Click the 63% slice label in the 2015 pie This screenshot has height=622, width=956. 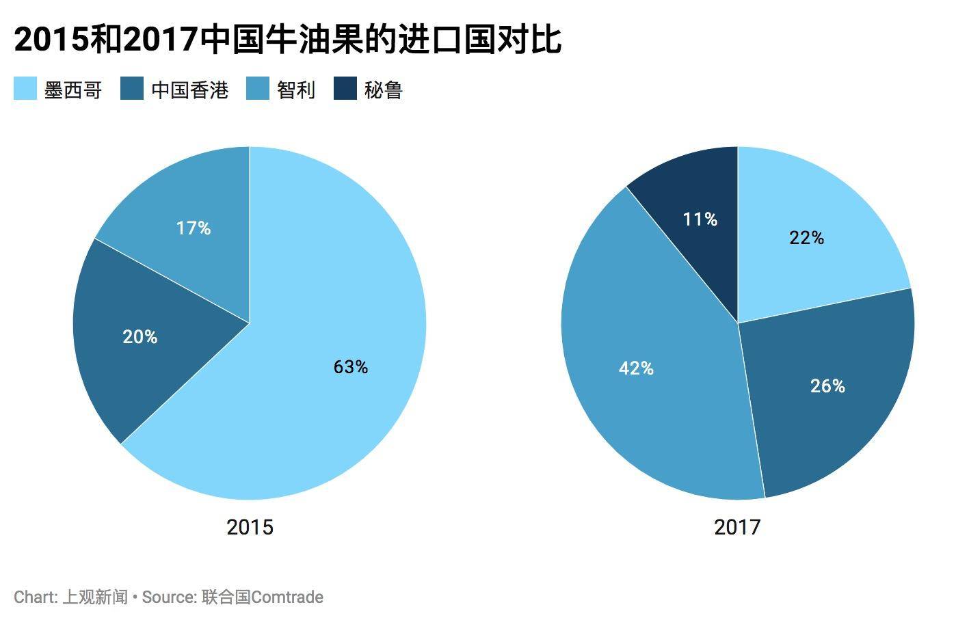click(351, 367)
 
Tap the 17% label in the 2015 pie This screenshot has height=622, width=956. click(194, 228)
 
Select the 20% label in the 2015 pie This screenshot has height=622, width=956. click(140, 337)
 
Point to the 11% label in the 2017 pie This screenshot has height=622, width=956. click(700, 219)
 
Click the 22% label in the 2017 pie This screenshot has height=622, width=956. click(807, 238)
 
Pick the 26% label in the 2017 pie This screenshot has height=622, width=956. click(827, 386)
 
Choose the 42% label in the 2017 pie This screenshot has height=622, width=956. click(636, 368)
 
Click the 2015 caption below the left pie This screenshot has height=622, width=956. click(250, 527)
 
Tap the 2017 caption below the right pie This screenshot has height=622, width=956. click(737, 527)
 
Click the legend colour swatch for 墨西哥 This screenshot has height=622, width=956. click(25, 89)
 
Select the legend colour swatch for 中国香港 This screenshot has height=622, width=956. click(132, 89)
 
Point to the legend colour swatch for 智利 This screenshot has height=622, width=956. click(258, 89)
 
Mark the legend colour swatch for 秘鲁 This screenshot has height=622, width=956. click(345, 89)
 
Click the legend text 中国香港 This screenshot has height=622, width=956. click(189, 90)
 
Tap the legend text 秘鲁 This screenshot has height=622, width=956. click(384, 90)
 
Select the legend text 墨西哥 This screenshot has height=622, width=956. click(73, 90)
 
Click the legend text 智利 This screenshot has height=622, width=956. click(296, 90)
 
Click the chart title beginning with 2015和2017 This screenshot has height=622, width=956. click(287, 40)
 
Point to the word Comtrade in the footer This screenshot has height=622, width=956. click(287, 597)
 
